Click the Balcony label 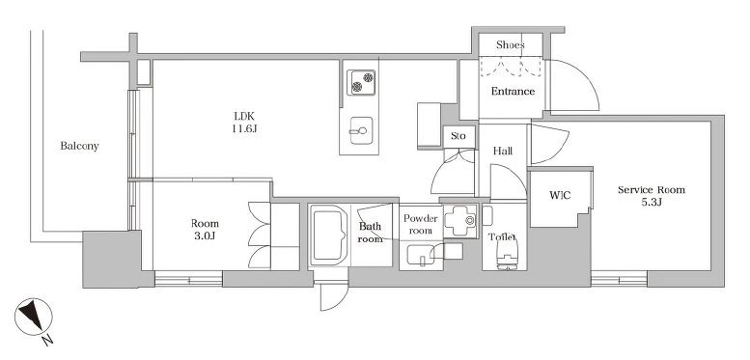pos(79,146)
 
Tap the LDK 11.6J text pos(245,122)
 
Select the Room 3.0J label pos(205,229)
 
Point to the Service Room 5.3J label pos(651,196)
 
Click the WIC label pos(560,195)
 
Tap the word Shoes pos(511,45)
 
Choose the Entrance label pos(513,91)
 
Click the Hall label pos(503,152)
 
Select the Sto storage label pos(458,136)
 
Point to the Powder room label pos(421,224)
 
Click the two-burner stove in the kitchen pos(361,82)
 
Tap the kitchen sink pos(359,129)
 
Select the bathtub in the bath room pos(328,235)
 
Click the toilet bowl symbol pos(508,253)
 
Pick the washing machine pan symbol pos(460,220)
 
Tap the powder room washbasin pos(420,254)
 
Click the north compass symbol pos(34,317)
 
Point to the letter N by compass pos(47,340)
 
